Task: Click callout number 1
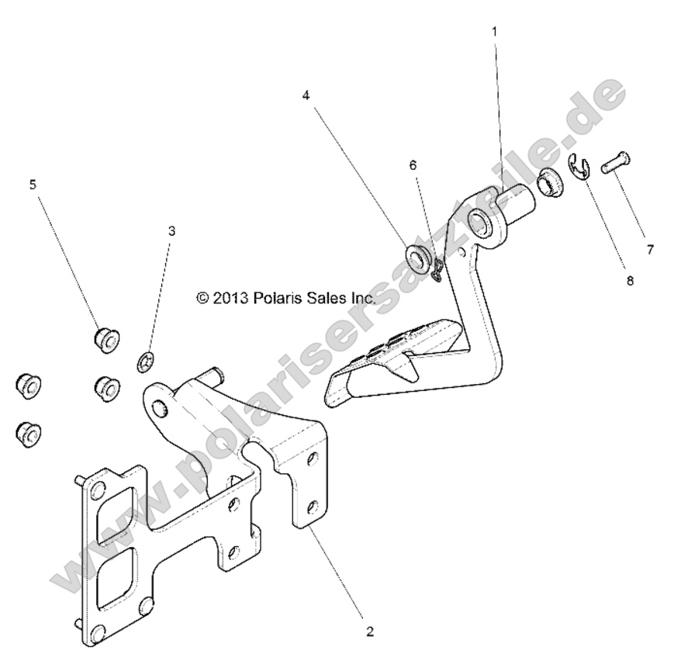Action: coord(494,31)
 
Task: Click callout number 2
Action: coord(370,632)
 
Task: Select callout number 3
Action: coord(171,230)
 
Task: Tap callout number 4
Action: coord(306,95)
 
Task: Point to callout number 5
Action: coord(33,184)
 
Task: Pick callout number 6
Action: coord(413,165)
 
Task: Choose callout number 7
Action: coord(650,249)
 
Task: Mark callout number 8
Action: coord(629,281)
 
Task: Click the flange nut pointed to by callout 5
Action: coord(102,340)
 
